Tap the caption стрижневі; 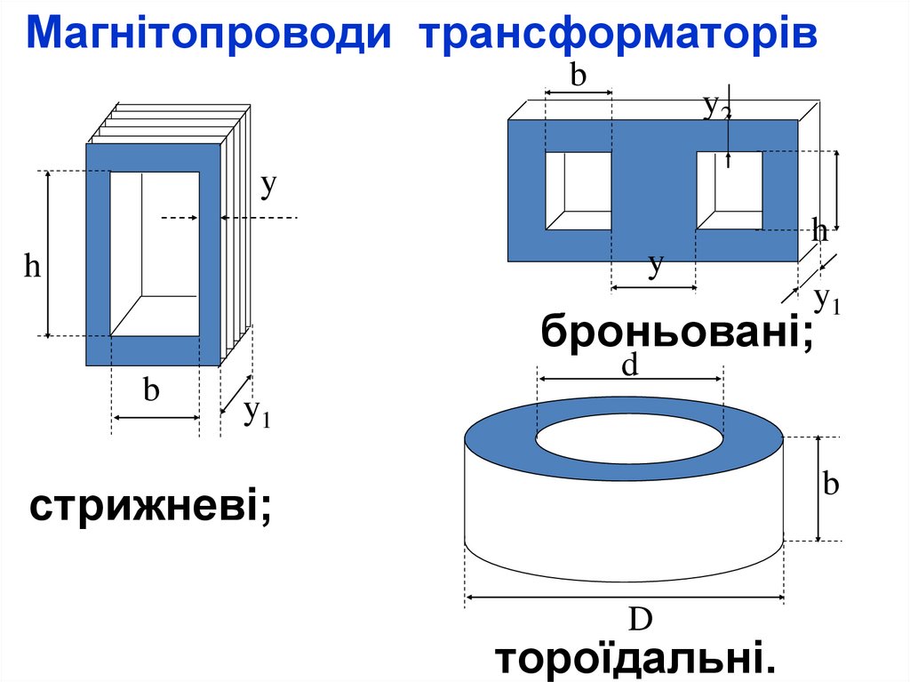click(x=150, y=508)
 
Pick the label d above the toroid click(x=630, y=365)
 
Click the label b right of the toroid click(x=831, y=485)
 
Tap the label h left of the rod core click(x=33, y=266)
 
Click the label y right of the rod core click(x=268, y=185)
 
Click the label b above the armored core click(x=579, y=76)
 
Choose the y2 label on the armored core click(x=717, y=107)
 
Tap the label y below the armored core click(x=656, y=264)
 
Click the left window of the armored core click(x=578, y=190)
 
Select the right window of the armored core click(x=729, y=190)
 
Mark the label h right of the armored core click(x=820, y=231)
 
